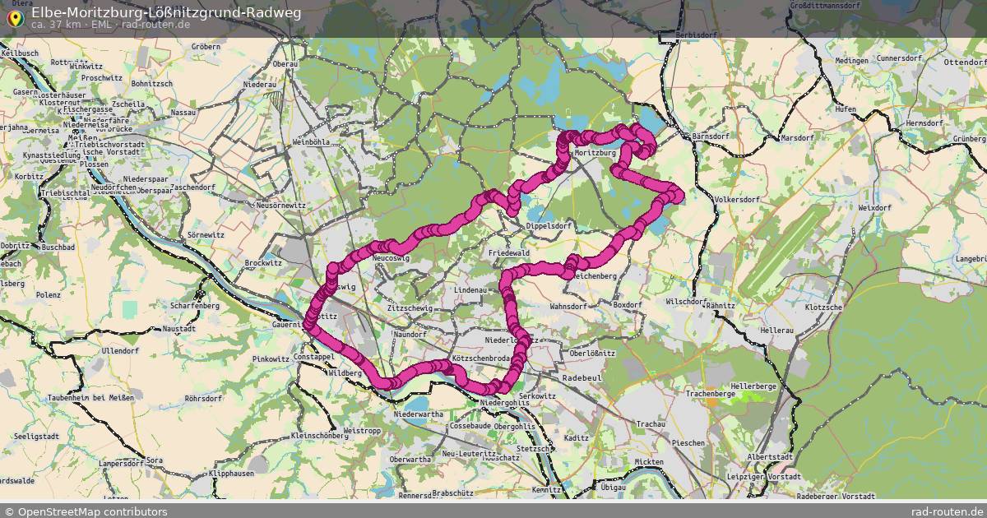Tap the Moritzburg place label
[x=595, y=153]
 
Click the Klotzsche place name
[x=823, y=307]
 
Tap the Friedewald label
[x=509, y=253]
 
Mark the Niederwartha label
[x=419, y=414]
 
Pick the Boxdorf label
[x=628, y=304]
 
